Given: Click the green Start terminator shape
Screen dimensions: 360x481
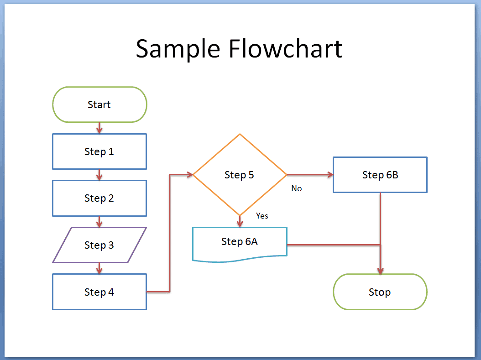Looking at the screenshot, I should click(99, 104).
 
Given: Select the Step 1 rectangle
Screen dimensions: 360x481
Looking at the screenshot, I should click(99, 151).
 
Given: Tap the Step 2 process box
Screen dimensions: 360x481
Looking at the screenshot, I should click(99, 198).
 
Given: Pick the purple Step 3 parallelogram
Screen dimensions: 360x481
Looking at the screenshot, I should click(99, 245).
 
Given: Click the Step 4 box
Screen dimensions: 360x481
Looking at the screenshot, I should click(99, 292).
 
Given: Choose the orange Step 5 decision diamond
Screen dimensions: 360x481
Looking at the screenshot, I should click(240, 175).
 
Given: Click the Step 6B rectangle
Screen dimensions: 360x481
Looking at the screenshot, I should click(380, 175).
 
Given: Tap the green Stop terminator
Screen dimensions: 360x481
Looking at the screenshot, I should click(380, 292).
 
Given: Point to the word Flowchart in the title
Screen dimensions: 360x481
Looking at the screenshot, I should click(286, 48).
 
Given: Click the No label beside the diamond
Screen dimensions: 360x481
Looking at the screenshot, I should click(297, 188).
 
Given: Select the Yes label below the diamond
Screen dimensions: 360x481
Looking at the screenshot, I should click(262, 216).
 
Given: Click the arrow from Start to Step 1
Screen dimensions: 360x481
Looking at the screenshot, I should click(99, 128).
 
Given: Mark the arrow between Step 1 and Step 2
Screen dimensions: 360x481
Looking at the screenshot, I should click(99, 175).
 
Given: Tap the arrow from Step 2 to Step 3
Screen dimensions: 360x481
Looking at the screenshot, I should click(99, 222).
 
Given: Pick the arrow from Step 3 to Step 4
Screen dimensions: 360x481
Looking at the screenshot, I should click(99, 269).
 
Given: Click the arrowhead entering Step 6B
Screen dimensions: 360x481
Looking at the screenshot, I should click(329, 175).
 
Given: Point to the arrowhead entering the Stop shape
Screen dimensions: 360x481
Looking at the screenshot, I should click(380, 270).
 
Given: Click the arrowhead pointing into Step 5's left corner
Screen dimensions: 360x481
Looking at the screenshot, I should click(189, 175).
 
